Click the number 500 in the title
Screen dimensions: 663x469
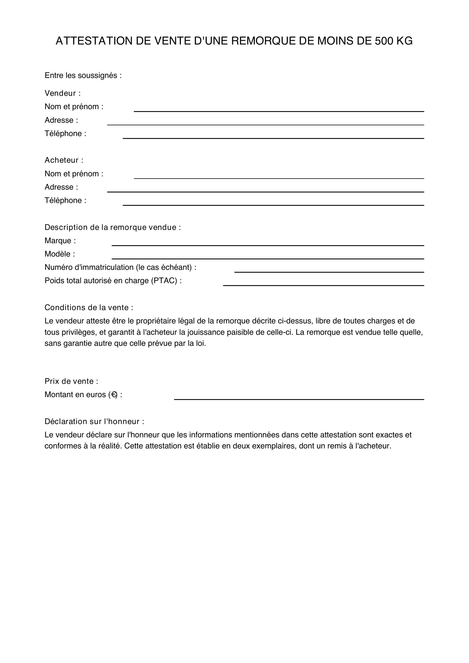[x=384, y=41]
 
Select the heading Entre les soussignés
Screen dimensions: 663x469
[x=83, y=75]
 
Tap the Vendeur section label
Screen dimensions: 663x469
[x=62, y=93]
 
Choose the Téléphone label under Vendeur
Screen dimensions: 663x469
[x=65, y=134]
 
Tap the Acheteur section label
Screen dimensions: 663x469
[x=64, y=160]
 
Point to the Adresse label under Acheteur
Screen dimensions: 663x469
[x=61, y=187]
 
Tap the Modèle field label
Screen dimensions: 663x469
[x=60, y=254]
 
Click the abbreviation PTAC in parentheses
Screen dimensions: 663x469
[x=164, y=281]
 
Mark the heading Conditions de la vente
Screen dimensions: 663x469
[x=89, y=308]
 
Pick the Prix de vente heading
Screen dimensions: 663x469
[x=71, y=381]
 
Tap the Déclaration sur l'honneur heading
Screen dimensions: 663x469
[x=94, y=421]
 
